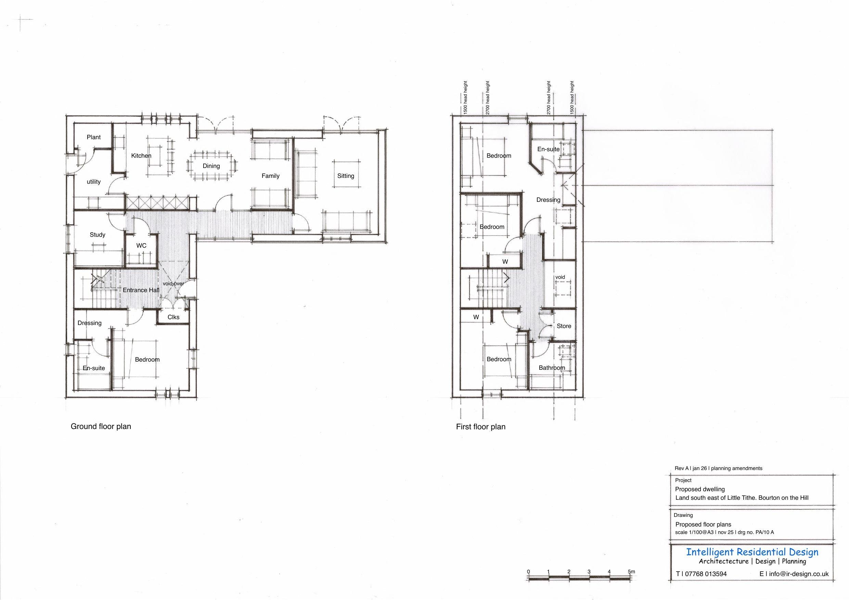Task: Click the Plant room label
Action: [93, 137]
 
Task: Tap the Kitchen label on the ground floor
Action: [141, 156]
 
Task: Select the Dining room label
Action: [211, 166]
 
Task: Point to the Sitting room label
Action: [346, 176]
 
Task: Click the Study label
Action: [98, 235]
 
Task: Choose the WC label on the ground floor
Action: [141, 246]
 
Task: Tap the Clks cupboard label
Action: [173, 317]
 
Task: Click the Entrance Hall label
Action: [141, 290]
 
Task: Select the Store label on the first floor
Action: [564, 326]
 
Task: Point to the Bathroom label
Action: [552, 368]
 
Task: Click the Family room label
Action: [270, 176]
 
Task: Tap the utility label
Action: [93, 182]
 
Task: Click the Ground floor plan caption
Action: [101, 427]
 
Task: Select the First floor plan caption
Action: [481, 427]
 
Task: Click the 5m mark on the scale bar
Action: [632, 572]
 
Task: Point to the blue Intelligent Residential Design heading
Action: [752, 552]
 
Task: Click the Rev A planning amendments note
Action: [719, 468]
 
